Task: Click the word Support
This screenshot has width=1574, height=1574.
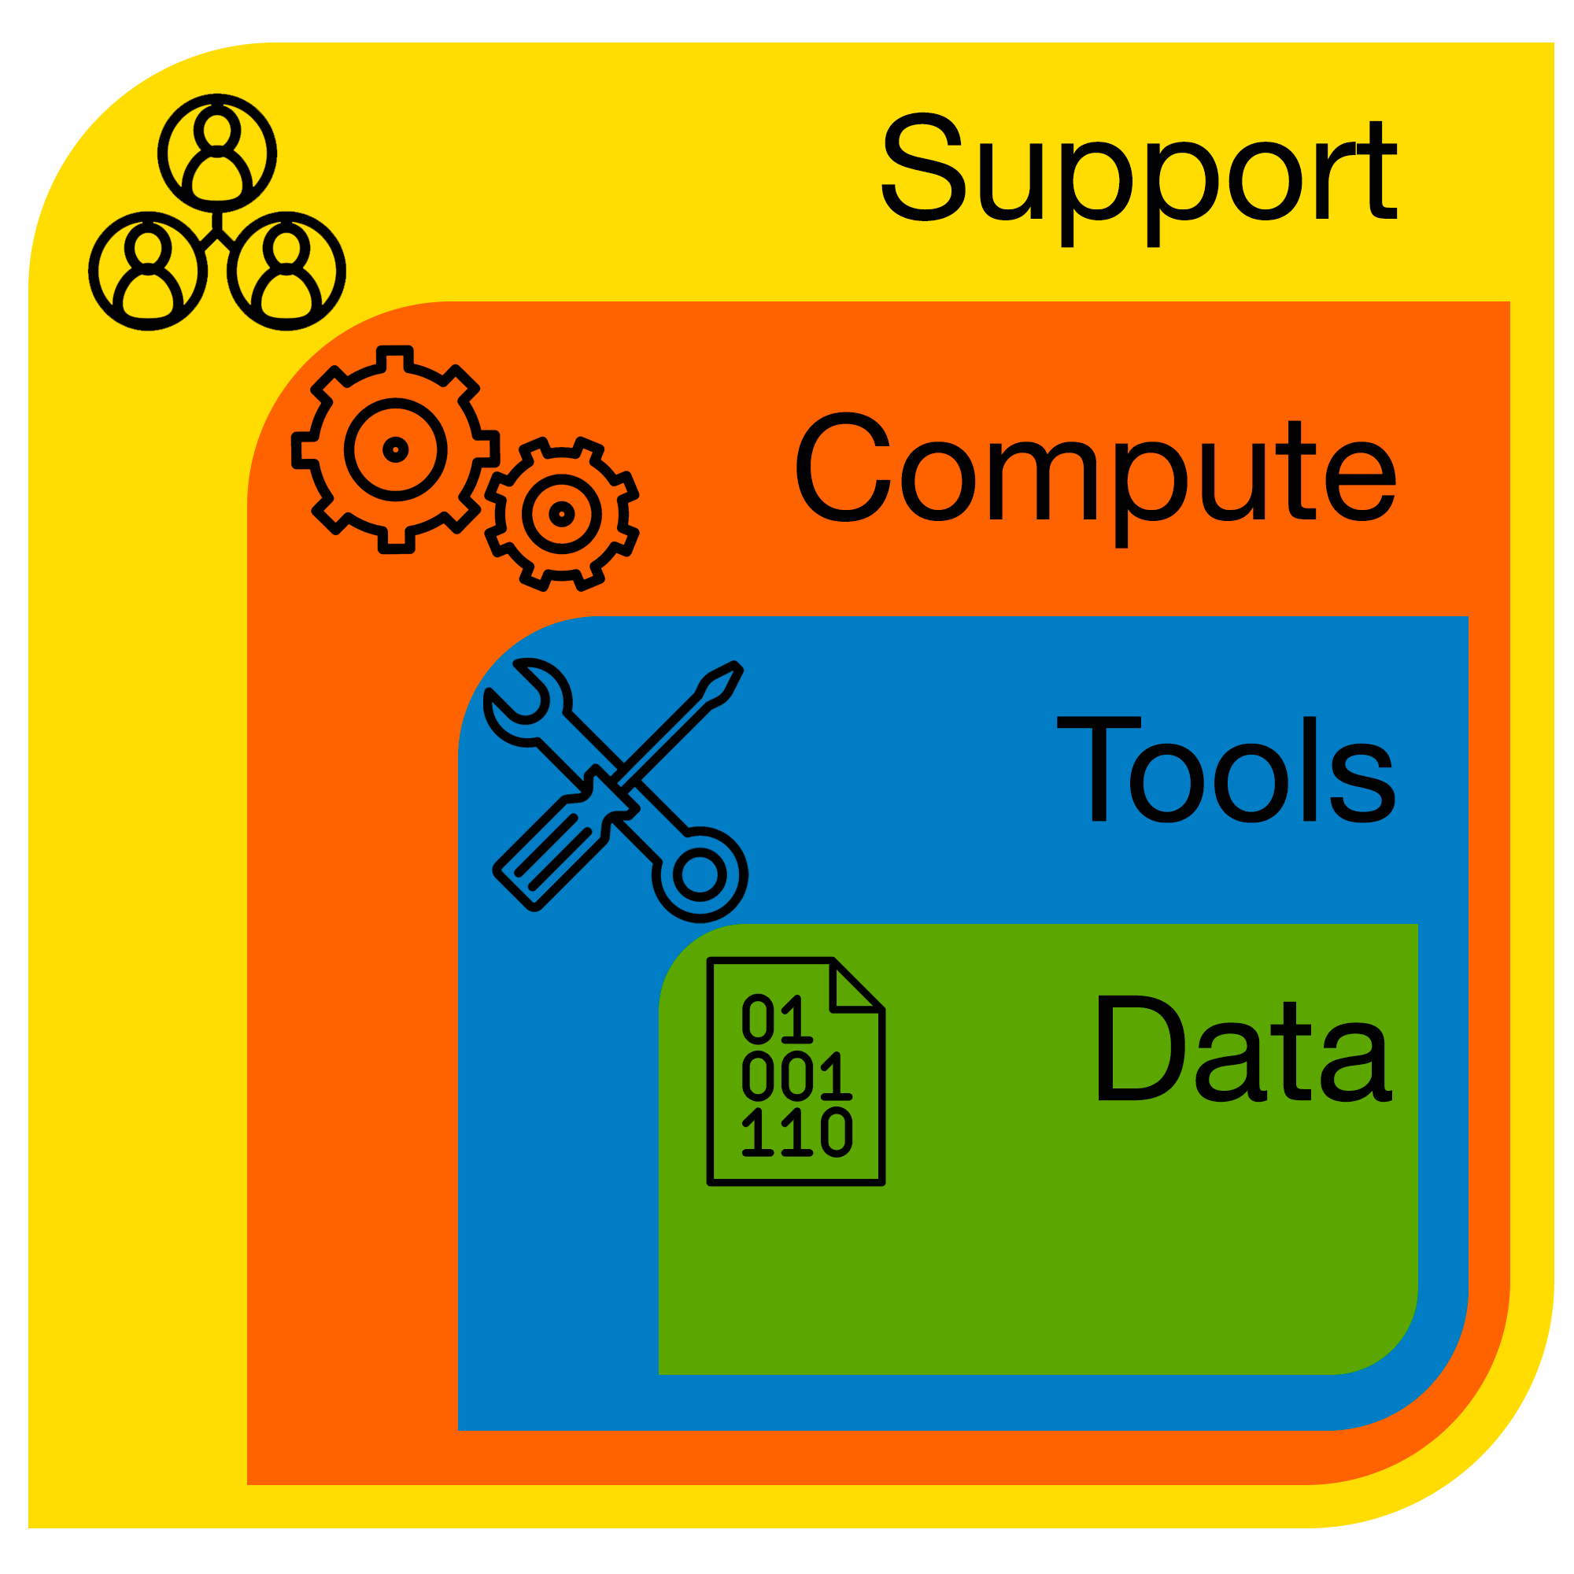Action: [1140, 179]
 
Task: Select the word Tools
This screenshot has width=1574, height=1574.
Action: [1226, 769]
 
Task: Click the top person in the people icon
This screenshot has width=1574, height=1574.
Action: [217, 153]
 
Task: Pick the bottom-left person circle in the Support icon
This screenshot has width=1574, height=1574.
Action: [148, 271]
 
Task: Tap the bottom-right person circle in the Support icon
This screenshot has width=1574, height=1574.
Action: [286, 271]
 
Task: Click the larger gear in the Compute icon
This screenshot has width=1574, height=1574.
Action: [396, 449]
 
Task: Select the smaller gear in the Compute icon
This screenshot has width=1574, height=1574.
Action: [562, 514]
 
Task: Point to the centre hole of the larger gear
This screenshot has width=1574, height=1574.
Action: [396, 449]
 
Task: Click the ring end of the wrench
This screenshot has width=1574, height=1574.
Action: [700, 875]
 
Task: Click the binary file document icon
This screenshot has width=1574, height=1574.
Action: [796, 1071]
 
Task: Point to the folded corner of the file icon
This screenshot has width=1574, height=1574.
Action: [857, 985]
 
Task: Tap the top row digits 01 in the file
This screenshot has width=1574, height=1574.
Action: [778, 1018]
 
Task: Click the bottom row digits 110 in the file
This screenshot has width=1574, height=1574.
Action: [797, 1132]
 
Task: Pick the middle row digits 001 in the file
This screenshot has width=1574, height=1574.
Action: [797, 1075]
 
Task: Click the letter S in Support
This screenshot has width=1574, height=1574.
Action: [923, 166]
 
